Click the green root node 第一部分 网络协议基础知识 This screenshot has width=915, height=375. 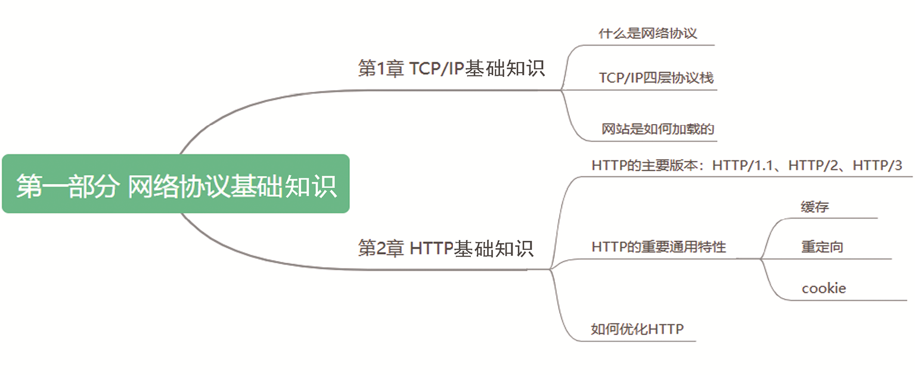click(x=175, y=184)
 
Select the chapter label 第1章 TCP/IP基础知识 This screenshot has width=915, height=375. click(x=451, y=68)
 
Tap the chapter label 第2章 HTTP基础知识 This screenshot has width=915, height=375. click(x=445, y=247)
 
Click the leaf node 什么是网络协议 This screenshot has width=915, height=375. click(x=648, y=33)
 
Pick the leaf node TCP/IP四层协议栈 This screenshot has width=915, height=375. click(x=656, y=78)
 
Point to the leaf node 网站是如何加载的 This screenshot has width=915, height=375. click(x=657, y=129)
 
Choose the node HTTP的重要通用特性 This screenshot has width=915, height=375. click(x=659, y=247)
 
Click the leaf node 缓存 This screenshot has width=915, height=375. click(x=815, y=207)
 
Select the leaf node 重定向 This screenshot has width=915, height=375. click(x=822, y=247)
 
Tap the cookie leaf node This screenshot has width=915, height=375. click(x=824, y=289)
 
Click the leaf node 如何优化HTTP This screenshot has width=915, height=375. click(x=637, y=328)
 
